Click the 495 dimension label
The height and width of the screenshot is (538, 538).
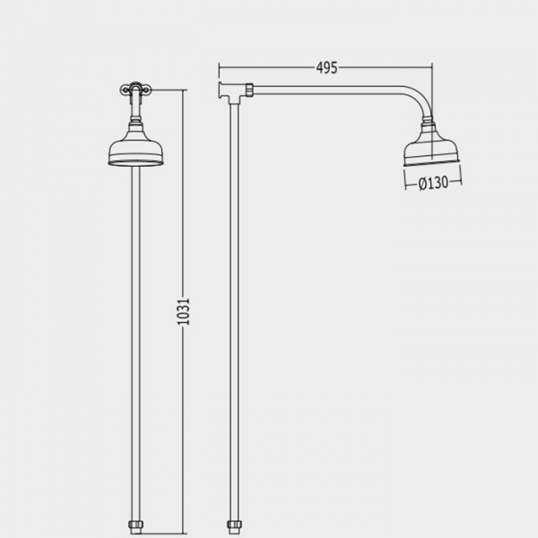pos(326,68)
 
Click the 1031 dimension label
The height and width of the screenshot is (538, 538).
pos(183,311)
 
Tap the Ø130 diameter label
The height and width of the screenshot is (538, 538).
pos(433,183)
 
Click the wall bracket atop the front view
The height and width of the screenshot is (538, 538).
pos(135,89)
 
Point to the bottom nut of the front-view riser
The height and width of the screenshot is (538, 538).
pos(136,525)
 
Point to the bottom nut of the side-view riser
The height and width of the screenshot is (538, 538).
pos(234,525)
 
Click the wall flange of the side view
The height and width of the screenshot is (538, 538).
pos(221,91)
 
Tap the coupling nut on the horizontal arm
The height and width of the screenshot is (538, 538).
pos(249,90)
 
